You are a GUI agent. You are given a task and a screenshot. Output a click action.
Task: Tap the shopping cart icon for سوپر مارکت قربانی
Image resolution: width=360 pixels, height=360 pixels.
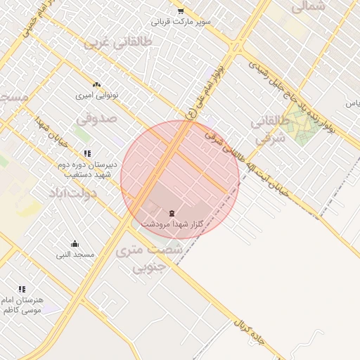[x=180, y=11]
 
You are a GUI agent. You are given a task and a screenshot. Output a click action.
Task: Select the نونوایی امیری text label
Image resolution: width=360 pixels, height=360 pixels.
[x=96, y=94]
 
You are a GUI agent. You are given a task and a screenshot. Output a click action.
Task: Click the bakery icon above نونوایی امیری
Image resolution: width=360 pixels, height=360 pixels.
[x=96, y=84]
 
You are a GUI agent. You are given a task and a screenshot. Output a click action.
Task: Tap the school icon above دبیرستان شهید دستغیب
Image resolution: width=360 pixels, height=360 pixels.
[x=87, y=153]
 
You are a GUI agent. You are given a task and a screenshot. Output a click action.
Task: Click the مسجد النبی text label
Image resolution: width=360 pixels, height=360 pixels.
[x=75, y=254]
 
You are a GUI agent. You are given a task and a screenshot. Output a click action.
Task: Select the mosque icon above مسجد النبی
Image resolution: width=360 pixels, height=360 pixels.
[x=75, y=244]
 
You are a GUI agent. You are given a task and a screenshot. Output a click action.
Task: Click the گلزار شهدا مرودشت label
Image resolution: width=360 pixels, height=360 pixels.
[x=172, y=223]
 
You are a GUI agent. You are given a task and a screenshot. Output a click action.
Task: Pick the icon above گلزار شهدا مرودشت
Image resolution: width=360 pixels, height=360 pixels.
[x=172, y=212]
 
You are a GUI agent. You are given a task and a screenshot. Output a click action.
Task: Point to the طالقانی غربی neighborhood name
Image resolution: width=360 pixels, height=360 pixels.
[x=117, y=42]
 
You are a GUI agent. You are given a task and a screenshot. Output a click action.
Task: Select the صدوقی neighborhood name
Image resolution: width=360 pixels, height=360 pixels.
[x=96, y=120]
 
